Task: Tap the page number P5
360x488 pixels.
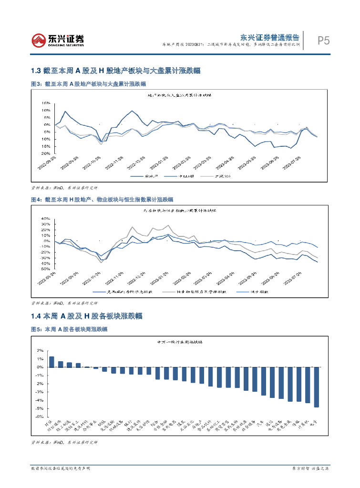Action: pos(324,41)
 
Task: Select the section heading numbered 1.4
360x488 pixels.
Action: pos(86,316)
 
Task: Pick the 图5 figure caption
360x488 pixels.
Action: pos(69,329)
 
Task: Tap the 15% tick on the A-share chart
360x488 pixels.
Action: pos(46,103)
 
